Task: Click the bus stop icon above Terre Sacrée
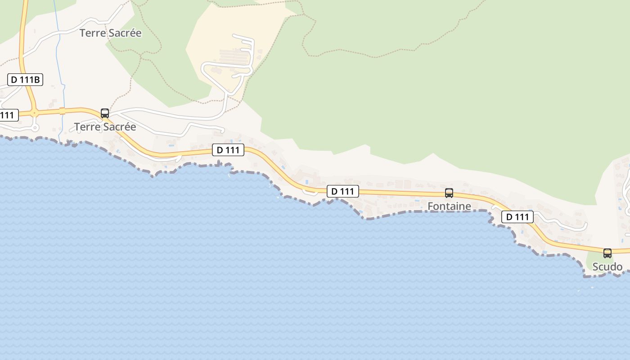[105, 113]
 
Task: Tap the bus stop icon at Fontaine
[449, 193]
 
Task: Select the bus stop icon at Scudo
[607, 253]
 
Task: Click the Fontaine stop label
[449, 206]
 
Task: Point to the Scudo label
[607, 267]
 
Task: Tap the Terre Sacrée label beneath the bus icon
[105, 127]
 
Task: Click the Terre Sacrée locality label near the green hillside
[110, 33]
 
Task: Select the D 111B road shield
[25, 80]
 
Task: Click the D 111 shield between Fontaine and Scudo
[517, 217]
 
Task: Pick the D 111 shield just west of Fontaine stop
[342, 191]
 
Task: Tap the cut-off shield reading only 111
[8, 115]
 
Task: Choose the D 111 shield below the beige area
[228, 150]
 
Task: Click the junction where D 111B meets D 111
[34, 112]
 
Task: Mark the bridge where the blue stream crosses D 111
[63, 111]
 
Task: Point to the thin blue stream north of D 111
[59, 45]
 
